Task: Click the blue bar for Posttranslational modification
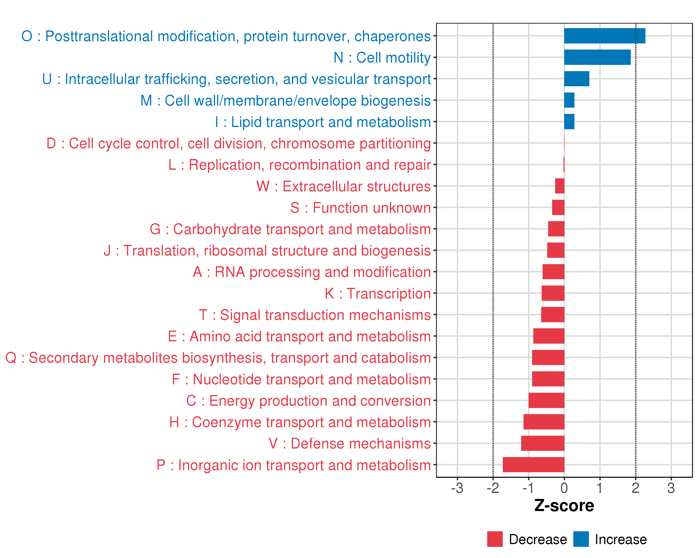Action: click(604, 36)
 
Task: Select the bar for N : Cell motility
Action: click(597, 57)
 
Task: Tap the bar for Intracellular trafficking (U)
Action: click(577, 79)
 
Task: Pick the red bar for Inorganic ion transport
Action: click(534, 465)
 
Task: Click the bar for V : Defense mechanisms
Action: click(543, 443)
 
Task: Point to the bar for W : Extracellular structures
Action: click(560, 186)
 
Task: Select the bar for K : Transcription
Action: click(553, 293)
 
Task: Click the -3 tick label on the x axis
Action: click(457, 488)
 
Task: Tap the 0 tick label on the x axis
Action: click(564, 488)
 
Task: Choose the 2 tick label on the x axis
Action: click(635, 488)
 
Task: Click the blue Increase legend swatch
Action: click(581, 539)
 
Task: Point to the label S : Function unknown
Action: click(360, 208)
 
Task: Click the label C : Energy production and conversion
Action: click(308, 401)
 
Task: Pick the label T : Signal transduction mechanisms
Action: click(315, 315)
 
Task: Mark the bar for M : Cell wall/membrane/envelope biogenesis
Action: click(569, 100)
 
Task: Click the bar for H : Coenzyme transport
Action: click(544, 422)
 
